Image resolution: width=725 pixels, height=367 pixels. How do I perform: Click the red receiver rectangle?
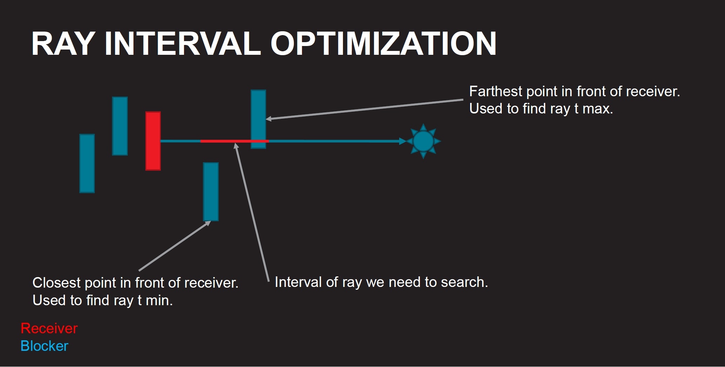point(153,141)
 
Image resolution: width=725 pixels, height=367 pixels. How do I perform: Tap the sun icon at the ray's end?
point(423,141)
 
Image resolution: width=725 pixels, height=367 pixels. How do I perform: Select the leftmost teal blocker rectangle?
point(87,163)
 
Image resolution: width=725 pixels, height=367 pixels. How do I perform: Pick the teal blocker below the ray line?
point(211,191)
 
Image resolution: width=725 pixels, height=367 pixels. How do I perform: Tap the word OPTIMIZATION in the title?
point(383,44)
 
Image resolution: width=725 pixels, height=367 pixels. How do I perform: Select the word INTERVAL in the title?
point(183,44)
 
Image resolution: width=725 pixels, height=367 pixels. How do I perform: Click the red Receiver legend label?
point(49,328)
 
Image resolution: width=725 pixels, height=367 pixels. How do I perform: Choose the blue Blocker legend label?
point(44,346)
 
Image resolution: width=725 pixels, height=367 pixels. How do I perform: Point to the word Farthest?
point(496,91)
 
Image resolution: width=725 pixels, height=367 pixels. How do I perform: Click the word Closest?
point(57,283)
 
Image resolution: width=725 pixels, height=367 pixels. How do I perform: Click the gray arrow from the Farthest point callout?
point(365,109)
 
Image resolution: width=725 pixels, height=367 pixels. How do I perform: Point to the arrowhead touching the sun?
point(402,141)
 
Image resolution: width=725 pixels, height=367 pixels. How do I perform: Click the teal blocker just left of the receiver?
point(120,126)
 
